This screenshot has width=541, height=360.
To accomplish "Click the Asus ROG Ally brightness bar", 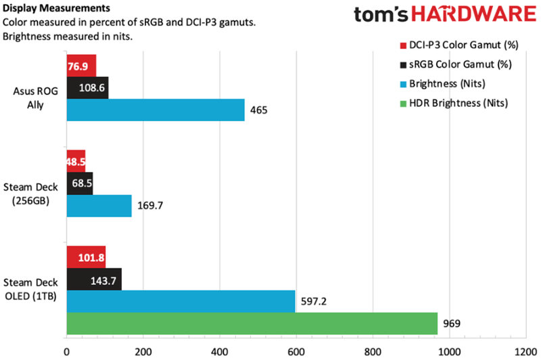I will click(x=156, y=110).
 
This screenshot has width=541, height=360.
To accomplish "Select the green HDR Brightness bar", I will click(x=252, y=323).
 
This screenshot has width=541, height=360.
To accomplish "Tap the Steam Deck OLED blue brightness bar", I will click(x=181, y=301).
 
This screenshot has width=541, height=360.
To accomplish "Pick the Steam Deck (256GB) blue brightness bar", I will click(x=99, y=206).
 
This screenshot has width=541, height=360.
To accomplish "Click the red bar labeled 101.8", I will click(x=86, y=257).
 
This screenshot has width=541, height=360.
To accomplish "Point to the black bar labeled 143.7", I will click(x=94, y=279).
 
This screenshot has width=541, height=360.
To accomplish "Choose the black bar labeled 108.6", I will click(x=87, y=88).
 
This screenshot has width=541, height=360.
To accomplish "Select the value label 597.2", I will click(x=312, y=301).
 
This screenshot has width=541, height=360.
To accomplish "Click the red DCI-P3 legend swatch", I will click(x=404, y=47).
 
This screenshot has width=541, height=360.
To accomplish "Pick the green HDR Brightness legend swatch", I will click(x=404, y=103).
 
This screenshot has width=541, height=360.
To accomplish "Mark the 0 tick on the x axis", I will click(x=66, y=352).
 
